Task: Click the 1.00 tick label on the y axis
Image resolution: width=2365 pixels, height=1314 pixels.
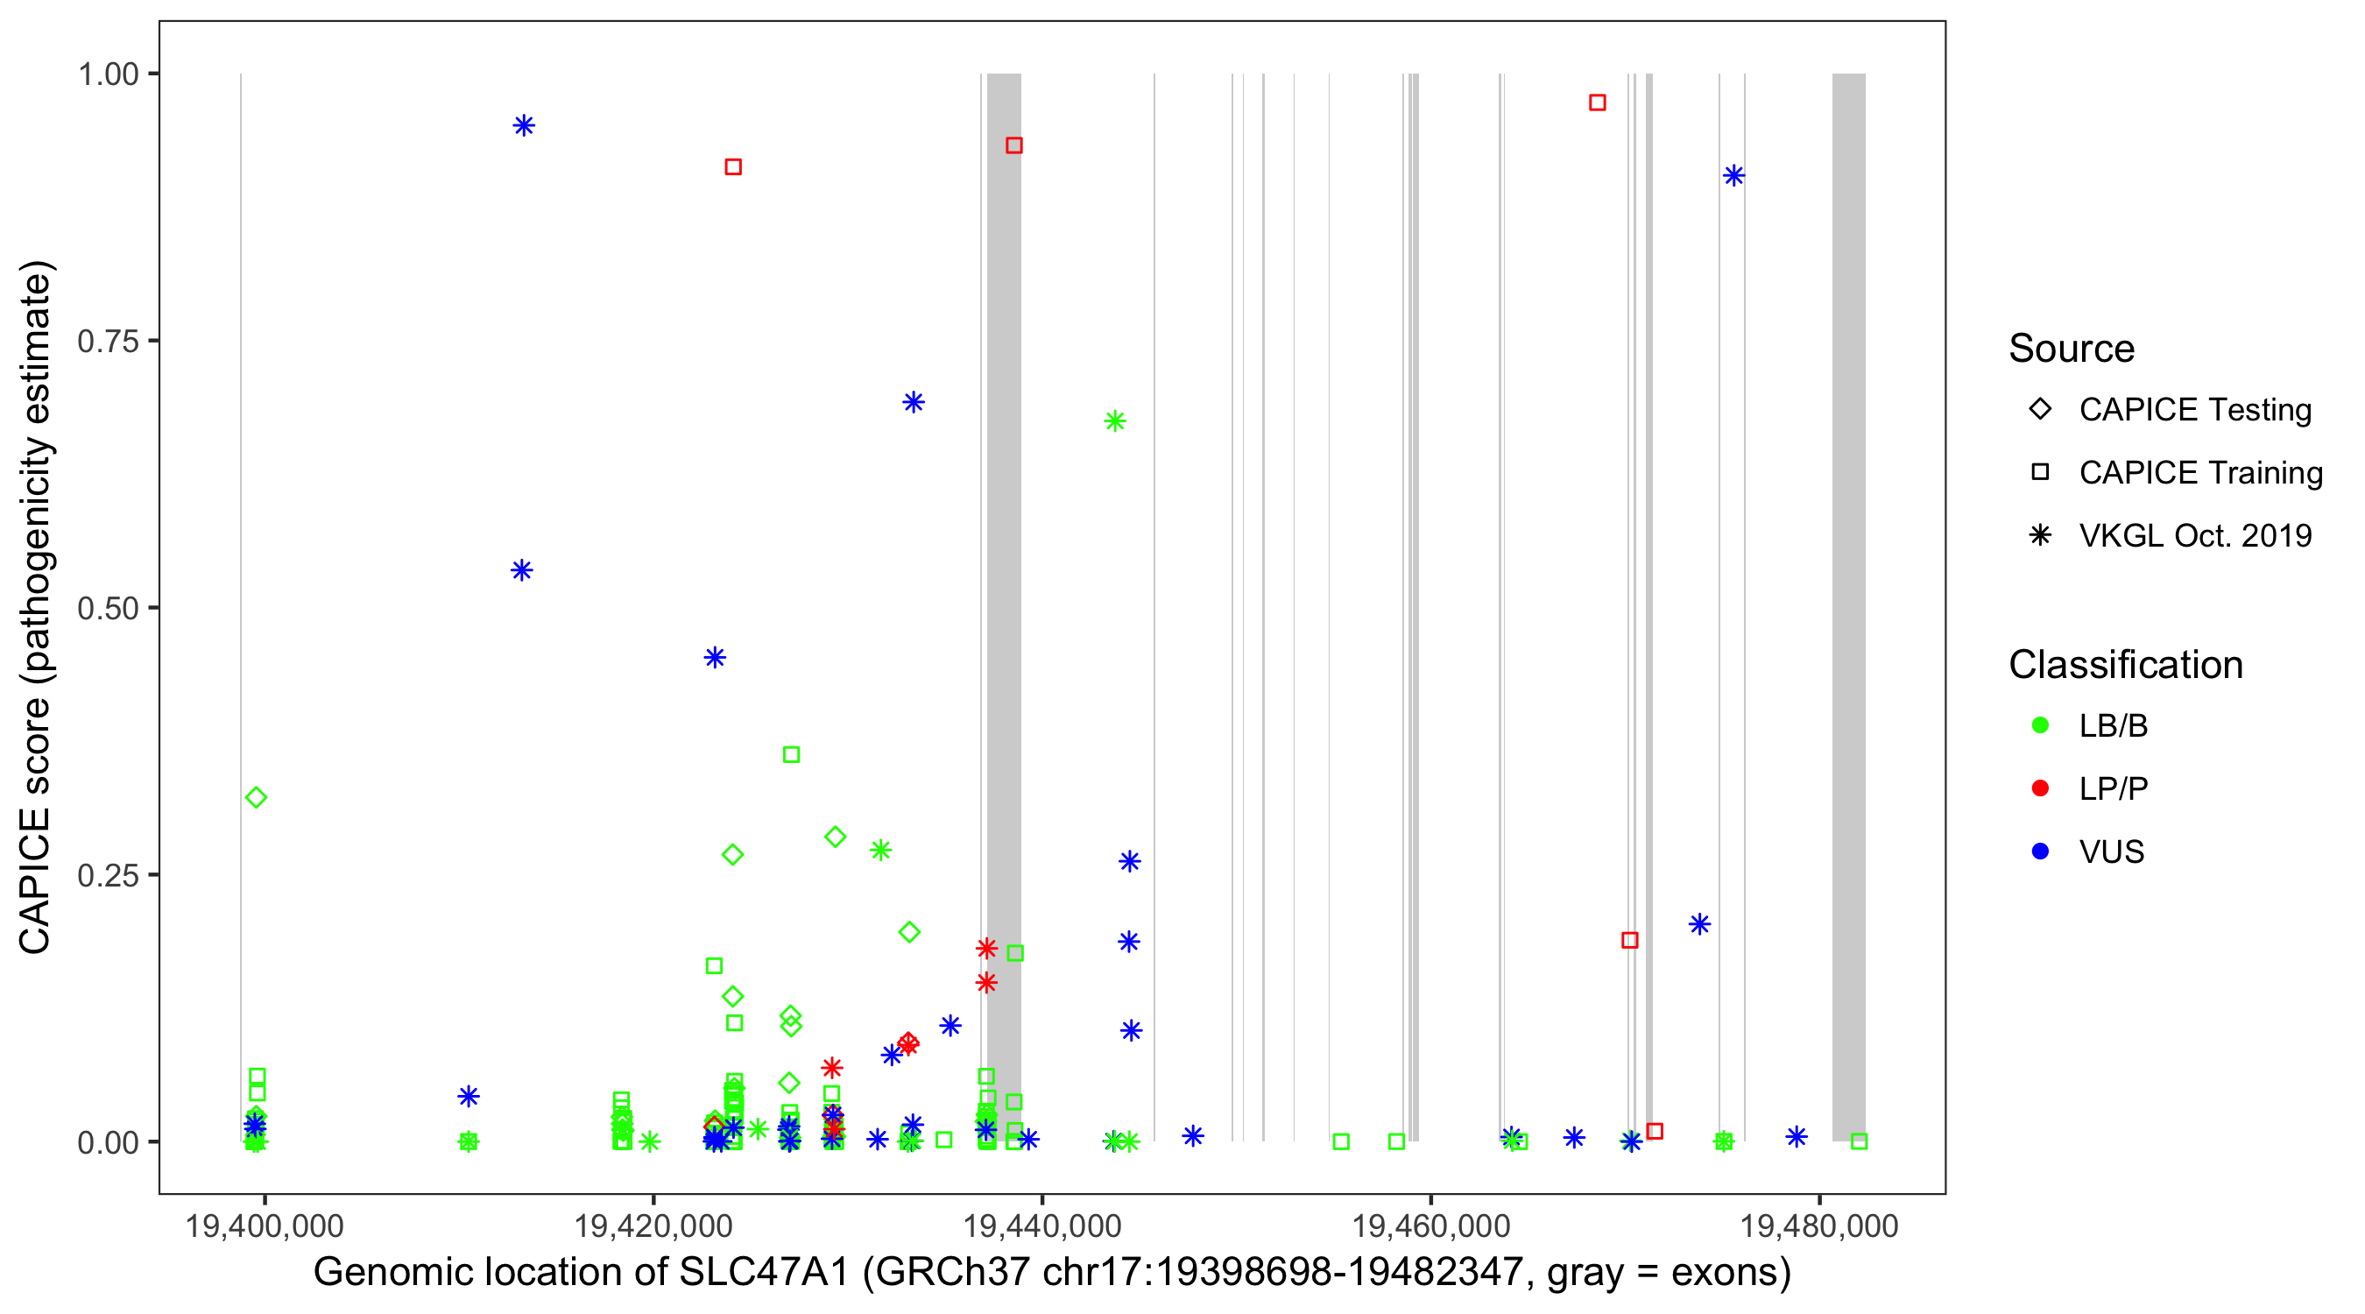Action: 108,74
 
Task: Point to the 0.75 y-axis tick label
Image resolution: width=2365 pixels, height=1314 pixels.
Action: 108,342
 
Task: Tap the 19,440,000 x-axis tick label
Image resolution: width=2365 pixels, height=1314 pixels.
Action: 1042,1226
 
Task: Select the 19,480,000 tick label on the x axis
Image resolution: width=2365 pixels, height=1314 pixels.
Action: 1818,1226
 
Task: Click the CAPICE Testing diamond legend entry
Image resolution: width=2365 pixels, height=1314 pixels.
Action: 2194,410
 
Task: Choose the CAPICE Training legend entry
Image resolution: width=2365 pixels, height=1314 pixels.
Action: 2199,473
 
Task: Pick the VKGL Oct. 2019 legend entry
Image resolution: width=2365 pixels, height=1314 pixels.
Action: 2194,536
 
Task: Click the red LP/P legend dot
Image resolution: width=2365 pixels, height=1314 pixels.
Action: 2040,788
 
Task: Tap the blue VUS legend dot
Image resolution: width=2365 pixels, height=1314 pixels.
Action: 2040,852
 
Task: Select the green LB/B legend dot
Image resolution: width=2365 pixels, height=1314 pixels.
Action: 2040,725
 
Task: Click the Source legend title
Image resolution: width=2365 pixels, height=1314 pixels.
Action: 2072,349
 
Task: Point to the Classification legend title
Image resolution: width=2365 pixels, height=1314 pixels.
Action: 2125,665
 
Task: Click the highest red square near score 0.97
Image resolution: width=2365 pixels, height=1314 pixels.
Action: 1598,102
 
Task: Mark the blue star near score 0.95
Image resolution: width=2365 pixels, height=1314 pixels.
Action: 524,126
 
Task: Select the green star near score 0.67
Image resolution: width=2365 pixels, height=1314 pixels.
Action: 1114,421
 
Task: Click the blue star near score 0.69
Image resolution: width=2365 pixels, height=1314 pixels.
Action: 913,402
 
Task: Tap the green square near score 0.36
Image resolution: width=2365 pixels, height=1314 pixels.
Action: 791,755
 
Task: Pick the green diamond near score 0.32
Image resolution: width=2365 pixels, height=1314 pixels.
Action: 256,797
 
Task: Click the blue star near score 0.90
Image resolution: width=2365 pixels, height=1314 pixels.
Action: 1733,175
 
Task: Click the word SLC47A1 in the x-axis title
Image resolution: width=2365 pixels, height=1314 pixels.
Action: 764,1273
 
